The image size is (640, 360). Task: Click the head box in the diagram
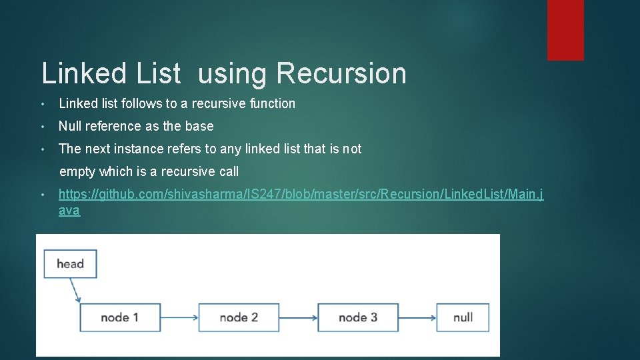pos(70,264)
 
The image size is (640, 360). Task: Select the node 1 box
pos(120,317)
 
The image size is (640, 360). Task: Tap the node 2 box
pos(239,317)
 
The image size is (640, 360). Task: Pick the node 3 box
pos(358,317)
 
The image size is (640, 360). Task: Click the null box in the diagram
pos(463,317)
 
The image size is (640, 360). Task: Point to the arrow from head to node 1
pos(75,290)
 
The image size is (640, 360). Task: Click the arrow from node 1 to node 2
pos(180,317)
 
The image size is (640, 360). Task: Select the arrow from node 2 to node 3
pos(298,317)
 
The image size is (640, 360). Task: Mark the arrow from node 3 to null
pos(417,317)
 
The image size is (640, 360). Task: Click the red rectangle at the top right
pos(565,30)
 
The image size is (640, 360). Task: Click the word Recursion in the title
pos(341,73)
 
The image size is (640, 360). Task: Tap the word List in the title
pos(158,73)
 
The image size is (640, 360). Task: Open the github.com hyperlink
pos(300,195)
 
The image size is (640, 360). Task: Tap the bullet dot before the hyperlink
pos(42,195)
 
